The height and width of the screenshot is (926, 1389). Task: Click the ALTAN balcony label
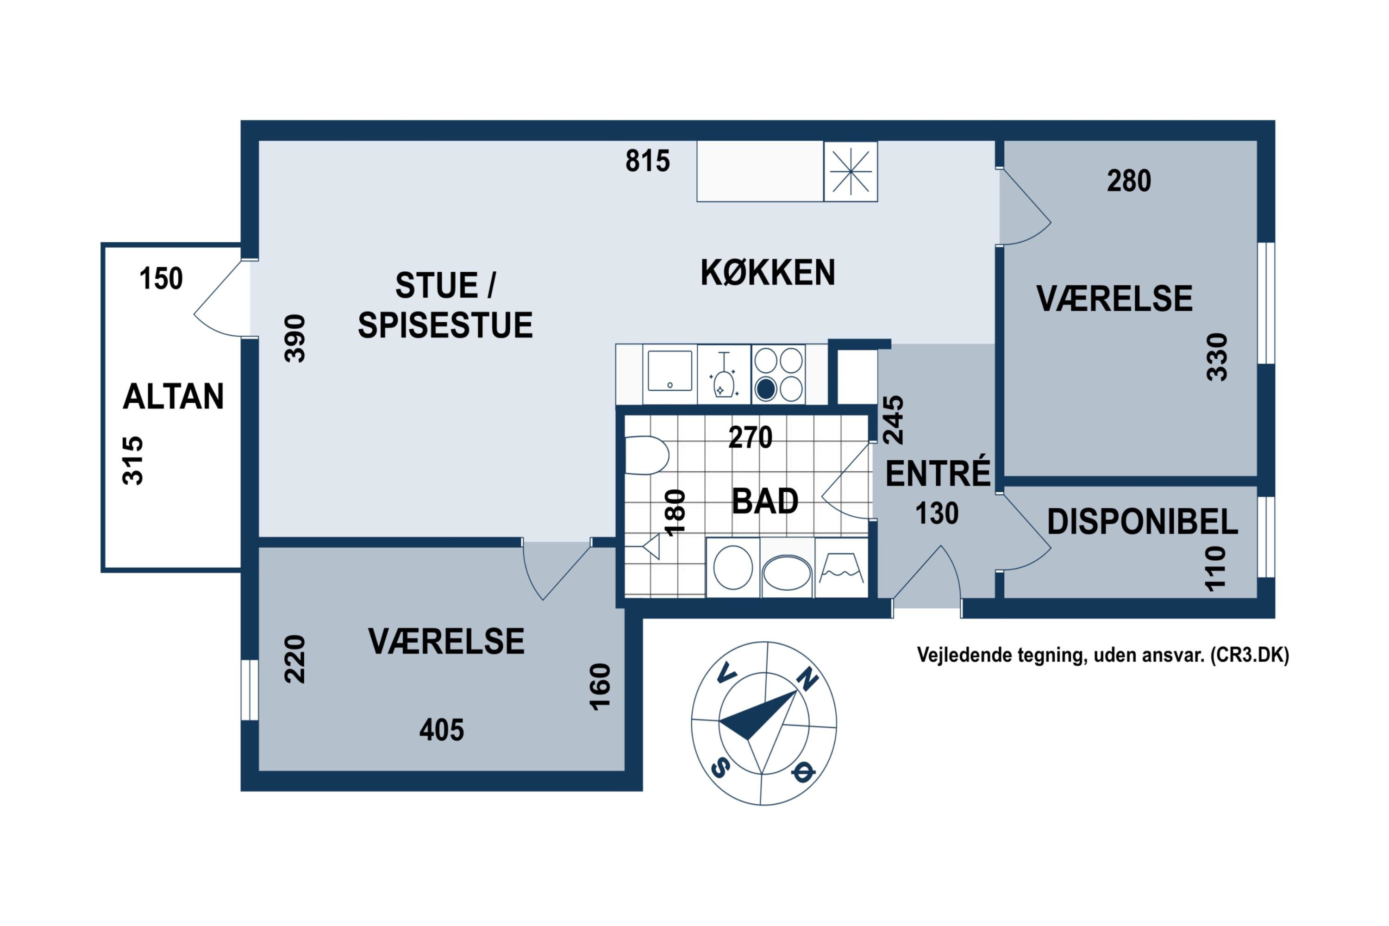[173, 396]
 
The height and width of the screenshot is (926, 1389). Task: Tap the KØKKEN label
[768, 272]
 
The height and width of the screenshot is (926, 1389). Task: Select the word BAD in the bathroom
[765, 501]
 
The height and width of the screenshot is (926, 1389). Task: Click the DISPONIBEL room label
[1142, 522]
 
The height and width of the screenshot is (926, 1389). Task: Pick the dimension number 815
[648, 161]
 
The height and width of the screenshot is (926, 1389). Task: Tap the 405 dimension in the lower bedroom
[442, 731]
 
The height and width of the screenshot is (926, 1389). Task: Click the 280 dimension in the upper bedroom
[1129, 181]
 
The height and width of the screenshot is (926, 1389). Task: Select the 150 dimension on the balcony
[161, 279]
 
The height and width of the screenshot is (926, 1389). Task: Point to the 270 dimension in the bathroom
[750, 438]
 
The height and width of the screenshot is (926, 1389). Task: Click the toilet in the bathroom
[645, 455]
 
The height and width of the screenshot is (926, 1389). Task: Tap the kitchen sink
[669, 371]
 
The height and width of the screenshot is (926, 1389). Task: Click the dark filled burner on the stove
[766, 389]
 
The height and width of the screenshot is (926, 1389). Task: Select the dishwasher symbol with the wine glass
[723, 375]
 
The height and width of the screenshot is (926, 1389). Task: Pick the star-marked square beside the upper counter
[851, 171]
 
